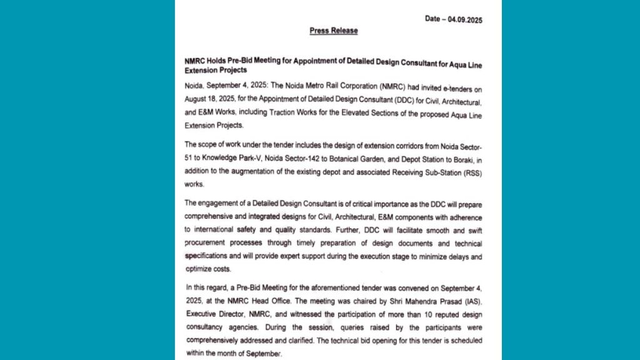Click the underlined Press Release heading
click(x=334, y=31)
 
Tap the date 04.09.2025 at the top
click(x=463, y=19)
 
